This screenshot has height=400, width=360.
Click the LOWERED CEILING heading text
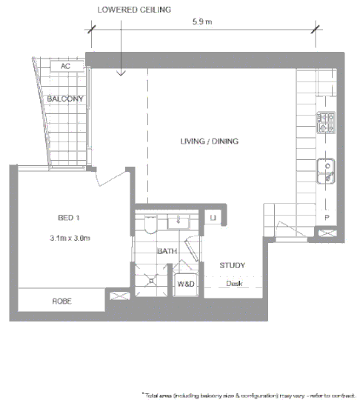pos(134,9)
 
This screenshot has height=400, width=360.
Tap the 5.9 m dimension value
pos(201,22)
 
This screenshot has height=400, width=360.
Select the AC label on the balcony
pos(64,66)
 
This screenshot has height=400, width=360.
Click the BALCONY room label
pos(64,99)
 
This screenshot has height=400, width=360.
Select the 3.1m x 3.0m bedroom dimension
pos(70,238)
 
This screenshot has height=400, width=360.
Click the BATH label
pos(167,252)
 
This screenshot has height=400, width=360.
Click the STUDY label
pos(232,265)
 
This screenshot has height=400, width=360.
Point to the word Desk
pos(233,284)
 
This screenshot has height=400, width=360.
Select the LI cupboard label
pos(213,218)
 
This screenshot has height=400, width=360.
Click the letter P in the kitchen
pos(327,217)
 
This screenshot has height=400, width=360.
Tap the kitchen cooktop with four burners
pos(327,122)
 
